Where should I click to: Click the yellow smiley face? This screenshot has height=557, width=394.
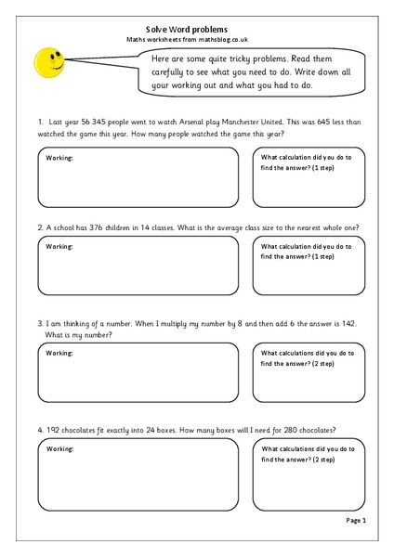tap(49, 64)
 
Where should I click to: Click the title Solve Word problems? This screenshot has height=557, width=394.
tap(196, 29)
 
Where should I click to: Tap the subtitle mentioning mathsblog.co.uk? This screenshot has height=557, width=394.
tap(196, 42)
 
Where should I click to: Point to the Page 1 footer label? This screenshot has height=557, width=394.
tap(357, 522)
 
